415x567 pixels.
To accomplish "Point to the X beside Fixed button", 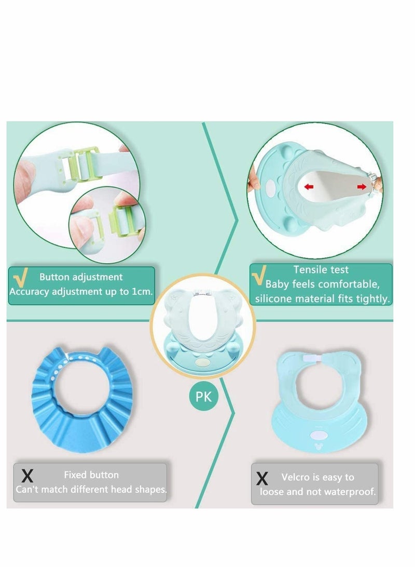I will [x=29, y=476].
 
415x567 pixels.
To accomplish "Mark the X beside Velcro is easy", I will [x=262, y=478].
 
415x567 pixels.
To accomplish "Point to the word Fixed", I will [x=76, y=475].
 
